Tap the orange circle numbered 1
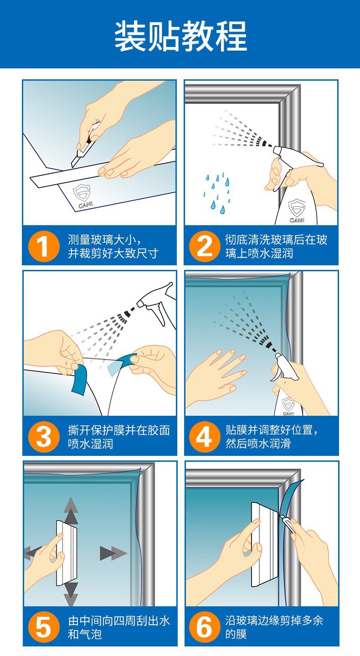44,246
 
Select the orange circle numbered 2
204,246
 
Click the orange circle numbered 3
44,437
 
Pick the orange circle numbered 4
204,437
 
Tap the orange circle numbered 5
44,627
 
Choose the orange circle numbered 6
204,627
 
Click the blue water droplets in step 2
216,192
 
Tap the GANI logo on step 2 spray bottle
297,211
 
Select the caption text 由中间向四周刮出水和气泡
119,627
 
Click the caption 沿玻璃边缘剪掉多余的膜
274,627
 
